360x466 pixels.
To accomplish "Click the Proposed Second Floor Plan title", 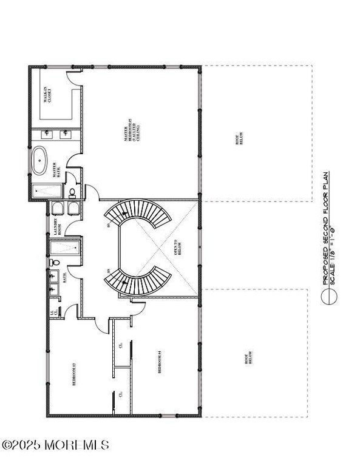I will point(326,228).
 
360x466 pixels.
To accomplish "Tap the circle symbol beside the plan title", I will point(330,296).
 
